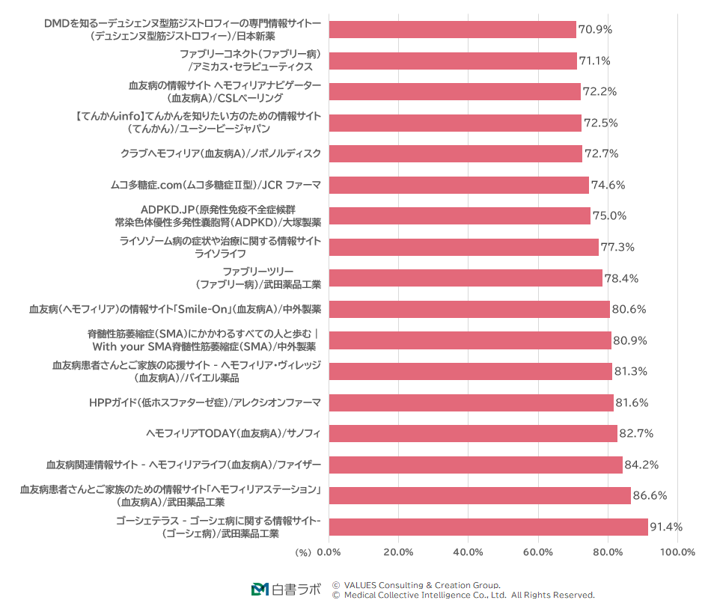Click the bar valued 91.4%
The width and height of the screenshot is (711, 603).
[488, 527]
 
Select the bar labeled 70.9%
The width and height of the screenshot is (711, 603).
[452, 29]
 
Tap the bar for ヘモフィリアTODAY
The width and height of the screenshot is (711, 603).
[473, 433]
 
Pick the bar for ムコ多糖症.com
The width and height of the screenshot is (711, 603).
[459, 185]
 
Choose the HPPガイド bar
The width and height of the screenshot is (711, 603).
[471, 402]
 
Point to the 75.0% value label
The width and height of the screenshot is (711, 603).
[609, 215]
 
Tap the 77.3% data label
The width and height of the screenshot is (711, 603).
[617, 247]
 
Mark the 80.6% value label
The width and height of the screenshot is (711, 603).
[629, 309]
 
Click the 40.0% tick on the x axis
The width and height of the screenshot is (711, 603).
[468, 552]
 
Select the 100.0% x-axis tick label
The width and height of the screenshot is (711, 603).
[677, 552]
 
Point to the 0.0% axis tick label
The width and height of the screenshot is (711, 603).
[329, 552]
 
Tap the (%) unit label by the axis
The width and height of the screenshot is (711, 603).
[302, 552]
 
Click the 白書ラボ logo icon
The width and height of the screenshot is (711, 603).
[260, 590]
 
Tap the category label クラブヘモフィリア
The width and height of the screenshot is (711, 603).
[221, 153]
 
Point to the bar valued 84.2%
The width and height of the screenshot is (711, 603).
[475, 465]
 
